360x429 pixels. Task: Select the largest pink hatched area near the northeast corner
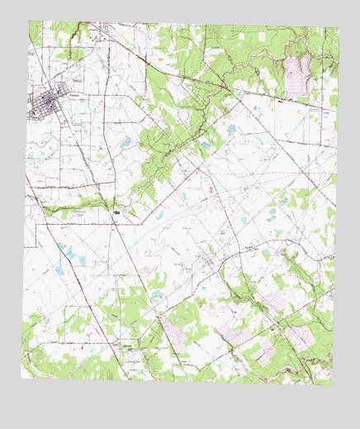point(296,75)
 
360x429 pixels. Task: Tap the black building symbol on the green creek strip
point(118,212)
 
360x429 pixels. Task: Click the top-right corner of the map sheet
point(339,28)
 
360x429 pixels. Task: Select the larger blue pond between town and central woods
point(126,142)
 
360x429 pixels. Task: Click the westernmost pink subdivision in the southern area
point(174,331)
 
